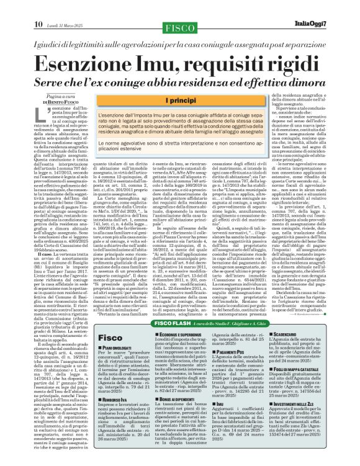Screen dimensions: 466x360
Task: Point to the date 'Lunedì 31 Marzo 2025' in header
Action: (55, 7)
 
